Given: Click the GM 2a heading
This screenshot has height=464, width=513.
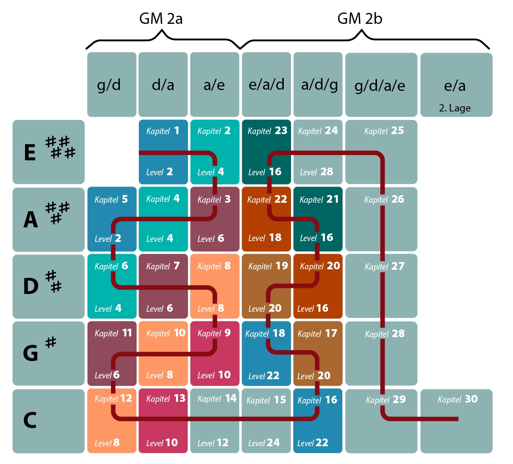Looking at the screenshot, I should coord(161,19).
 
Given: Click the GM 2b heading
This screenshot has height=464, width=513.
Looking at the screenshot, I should coord(360,19).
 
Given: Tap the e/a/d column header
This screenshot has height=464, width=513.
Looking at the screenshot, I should coord(266,84).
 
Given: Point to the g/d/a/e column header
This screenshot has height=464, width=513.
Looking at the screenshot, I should coord(381,85).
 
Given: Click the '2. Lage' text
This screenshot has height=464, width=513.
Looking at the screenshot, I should coord(455,108).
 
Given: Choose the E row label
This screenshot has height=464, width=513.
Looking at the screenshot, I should coord(30,153).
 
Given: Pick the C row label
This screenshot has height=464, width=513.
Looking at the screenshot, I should coord(30,420).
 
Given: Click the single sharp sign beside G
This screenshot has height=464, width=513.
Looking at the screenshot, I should coord(51,342).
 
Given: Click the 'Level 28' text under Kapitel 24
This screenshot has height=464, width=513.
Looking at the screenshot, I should coord(316,172).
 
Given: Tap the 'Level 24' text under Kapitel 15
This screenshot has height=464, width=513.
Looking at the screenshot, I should coord(264,443).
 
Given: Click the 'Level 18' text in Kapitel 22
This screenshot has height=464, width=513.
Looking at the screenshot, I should coord(265,238).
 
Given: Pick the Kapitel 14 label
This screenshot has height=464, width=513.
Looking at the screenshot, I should coord(217,399).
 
